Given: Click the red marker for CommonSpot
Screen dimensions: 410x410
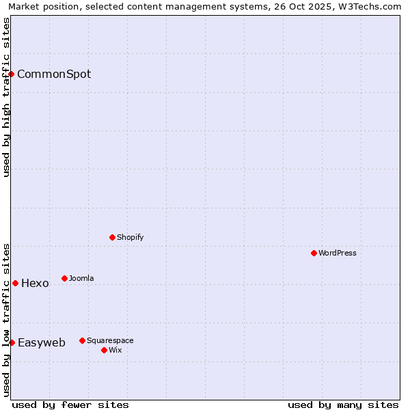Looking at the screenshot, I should click(x=12, y=74).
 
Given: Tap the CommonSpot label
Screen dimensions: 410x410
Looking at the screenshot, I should click(x=54, y=74).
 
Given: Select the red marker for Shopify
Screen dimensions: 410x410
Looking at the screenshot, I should click(x=112, y=237).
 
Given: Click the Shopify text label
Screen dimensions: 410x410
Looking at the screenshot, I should click(x=130, y=237).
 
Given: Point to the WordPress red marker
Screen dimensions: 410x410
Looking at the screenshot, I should click(x=314, y=253).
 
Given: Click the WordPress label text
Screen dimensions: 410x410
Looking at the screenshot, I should click(x=338, y=253).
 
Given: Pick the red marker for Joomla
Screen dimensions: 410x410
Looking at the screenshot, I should click(x=64, y=278).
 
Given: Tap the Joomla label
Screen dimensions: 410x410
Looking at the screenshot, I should click(x=81, y=278).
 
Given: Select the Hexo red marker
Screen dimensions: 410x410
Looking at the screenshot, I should click(x=15, y=283).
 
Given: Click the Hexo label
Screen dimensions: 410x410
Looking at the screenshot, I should click(x=35, y=284).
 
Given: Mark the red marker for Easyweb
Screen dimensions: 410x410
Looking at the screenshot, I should click(x=12, y=342).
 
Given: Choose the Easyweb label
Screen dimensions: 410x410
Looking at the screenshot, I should click(x=42, y=343).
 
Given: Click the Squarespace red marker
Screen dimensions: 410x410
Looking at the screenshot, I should click(x=82, y=340).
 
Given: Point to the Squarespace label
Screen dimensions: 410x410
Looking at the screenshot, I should click(x=110, y=340).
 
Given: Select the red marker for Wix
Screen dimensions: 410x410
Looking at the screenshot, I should click(x=104, y=350).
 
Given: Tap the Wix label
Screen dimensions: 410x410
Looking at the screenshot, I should click(x=115, y=350).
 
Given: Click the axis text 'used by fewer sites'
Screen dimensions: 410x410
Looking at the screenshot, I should click(x=70, y=405).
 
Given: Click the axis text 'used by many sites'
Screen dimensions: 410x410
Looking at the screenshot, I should click(x=343, y=405).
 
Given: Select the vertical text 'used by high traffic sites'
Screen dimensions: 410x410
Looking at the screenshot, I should click(x=6, y=97).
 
